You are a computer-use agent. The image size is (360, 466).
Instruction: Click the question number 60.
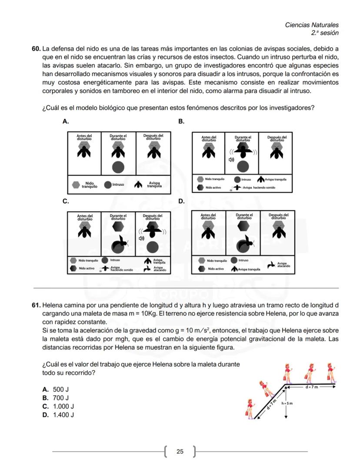(x=36, y=48)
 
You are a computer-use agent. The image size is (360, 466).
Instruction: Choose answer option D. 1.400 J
(x=58, y=415)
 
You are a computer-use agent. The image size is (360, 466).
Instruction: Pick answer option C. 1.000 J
(x=58, y=406)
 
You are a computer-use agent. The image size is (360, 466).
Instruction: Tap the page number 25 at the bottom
(x=180, y=452)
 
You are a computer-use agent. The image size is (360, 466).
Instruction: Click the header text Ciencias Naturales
(x=311, y=25)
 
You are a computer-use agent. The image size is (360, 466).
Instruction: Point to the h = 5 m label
(x=287, y=403)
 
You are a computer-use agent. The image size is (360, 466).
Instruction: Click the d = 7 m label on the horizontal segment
(x=311, y=386)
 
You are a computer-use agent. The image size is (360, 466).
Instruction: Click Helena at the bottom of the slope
(x=250, y=408)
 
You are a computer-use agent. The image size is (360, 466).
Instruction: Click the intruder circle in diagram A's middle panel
(x=118, y=167)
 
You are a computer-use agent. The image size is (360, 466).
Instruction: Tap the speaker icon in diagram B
(x=231, y=160)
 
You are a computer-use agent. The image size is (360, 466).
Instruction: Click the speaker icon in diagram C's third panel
(x=141, y=238)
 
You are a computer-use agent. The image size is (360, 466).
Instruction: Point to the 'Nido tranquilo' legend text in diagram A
(x=89, y=184)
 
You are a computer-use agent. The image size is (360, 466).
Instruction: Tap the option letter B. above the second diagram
(x=182, y=121)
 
